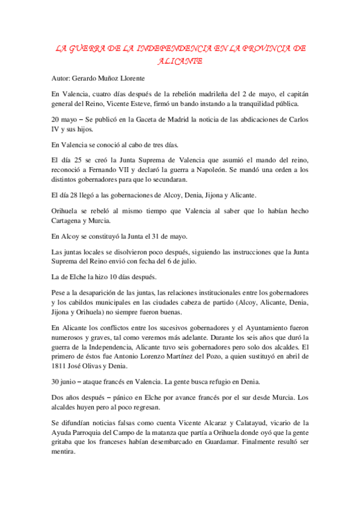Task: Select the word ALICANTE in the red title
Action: tap(180, 61)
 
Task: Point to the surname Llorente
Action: tap(130, 78)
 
